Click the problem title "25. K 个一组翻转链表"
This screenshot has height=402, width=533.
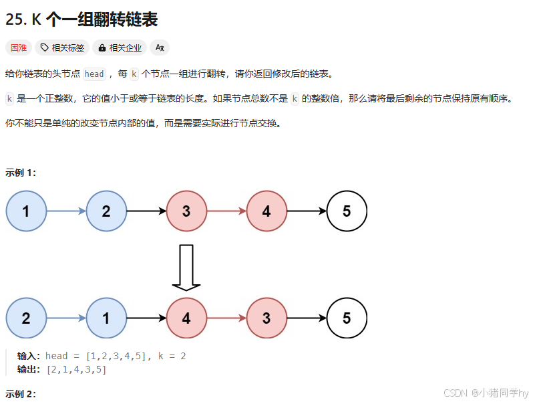(x=81, y=20)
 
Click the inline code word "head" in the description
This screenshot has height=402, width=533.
(x=94, y=74)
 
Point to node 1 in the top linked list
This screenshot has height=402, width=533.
(x=26, y=211)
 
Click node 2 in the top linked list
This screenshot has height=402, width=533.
(x=106, y=211)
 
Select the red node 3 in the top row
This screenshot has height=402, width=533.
(x=186, y=211)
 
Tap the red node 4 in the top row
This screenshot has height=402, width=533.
(x=266, y=211)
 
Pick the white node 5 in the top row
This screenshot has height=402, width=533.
(x=347, y=211)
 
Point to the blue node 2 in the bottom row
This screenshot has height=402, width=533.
(x=26, y=318)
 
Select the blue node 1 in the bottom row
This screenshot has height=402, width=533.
(x=106, y=318)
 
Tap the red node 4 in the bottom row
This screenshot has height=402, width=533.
(x=186, y=318)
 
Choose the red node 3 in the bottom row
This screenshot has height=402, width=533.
(x=266, y=318)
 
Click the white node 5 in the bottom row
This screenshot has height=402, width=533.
(x=347, y=318)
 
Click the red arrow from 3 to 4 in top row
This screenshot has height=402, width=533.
(x=226, y=211)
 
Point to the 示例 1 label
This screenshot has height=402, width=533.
(x=21, y=173)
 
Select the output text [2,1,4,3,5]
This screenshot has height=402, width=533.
(x=76, y=369)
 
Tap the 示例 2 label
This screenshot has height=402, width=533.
(x=21, y=394)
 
